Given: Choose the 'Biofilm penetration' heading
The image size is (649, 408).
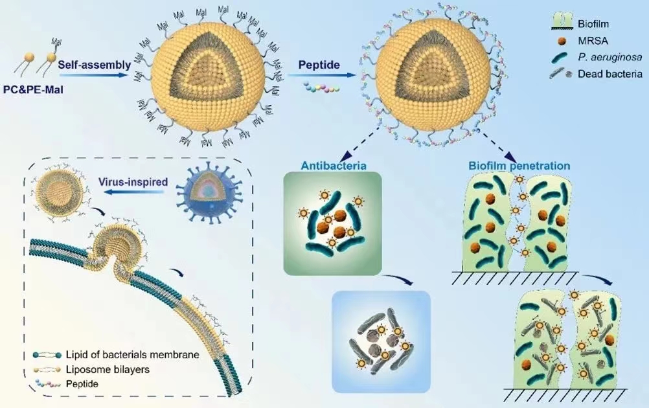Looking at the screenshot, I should [x=519, y=166].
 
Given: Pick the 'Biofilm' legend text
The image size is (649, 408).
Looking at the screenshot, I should [x=593, y=26].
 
